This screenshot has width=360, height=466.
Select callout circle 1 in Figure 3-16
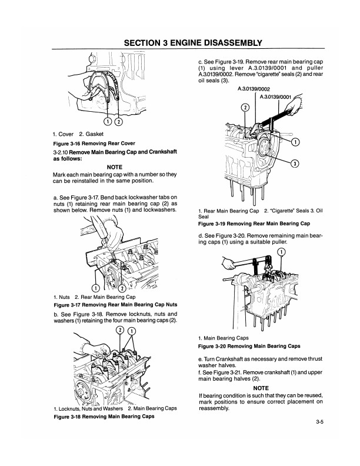pyautogui.click(x=107, y=122)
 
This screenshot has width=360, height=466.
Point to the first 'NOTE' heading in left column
pyautogui.click(x=114, y=167)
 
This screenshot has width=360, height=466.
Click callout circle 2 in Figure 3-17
pyautogui.click(x=122, y=288)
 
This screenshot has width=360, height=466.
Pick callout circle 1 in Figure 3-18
pyautogui.click(x=132, y=330)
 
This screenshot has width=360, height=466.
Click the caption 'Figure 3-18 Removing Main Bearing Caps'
pyautogui.click(x=104, y=416)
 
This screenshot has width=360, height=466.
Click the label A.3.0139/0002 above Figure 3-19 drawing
pyautogui.click(x=254, y=89)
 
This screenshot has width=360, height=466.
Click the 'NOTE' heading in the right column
pyautogui.click(x=261, y=388)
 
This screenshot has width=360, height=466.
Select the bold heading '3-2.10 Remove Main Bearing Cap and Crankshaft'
pyautogui.click(x=115, y=154)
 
